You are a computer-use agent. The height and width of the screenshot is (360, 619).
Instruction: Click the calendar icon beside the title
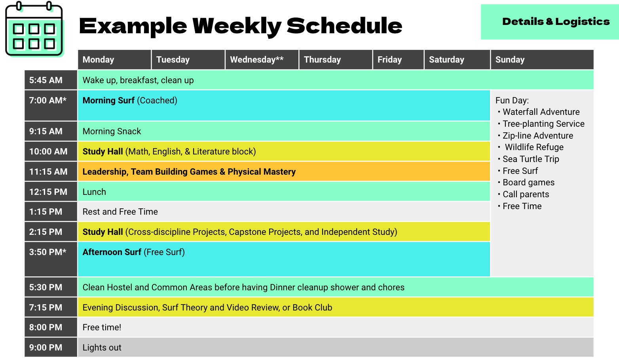34,29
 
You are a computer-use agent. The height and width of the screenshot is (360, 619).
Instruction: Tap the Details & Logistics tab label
556,21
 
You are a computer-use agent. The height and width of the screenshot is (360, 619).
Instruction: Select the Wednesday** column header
257,59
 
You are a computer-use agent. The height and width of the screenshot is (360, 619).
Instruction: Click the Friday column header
389,59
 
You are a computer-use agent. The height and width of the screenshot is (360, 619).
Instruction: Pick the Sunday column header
510,59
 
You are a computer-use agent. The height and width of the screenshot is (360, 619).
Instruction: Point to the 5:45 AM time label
46,80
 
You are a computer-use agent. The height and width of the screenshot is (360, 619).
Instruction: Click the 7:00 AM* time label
48,100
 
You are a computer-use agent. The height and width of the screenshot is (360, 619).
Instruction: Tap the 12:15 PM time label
48,192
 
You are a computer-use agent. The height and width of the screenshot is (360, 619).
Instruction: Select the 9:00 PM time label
46,347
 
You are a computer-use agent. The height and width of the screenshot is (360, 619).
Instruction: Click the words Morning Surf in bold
108,100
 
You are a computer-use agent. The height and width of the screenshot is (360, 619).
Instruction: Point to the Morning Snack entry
112,131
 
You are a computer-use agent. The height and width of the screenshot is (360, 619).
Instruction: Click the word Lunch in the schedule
94,192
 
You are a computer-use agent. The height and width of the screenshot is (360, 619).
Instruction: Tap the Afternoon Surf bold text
112,252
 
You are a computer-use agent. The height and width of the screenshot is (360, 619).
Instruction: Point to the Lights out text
102,347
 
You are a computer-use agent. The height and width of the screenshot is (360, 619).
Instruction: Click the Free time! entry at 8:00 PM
102,327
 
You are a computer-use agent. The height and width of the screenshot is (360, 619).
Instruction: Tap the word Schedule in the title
344,26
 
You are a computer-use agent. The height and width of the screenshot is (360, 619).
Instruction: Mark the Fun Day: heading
512,100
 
